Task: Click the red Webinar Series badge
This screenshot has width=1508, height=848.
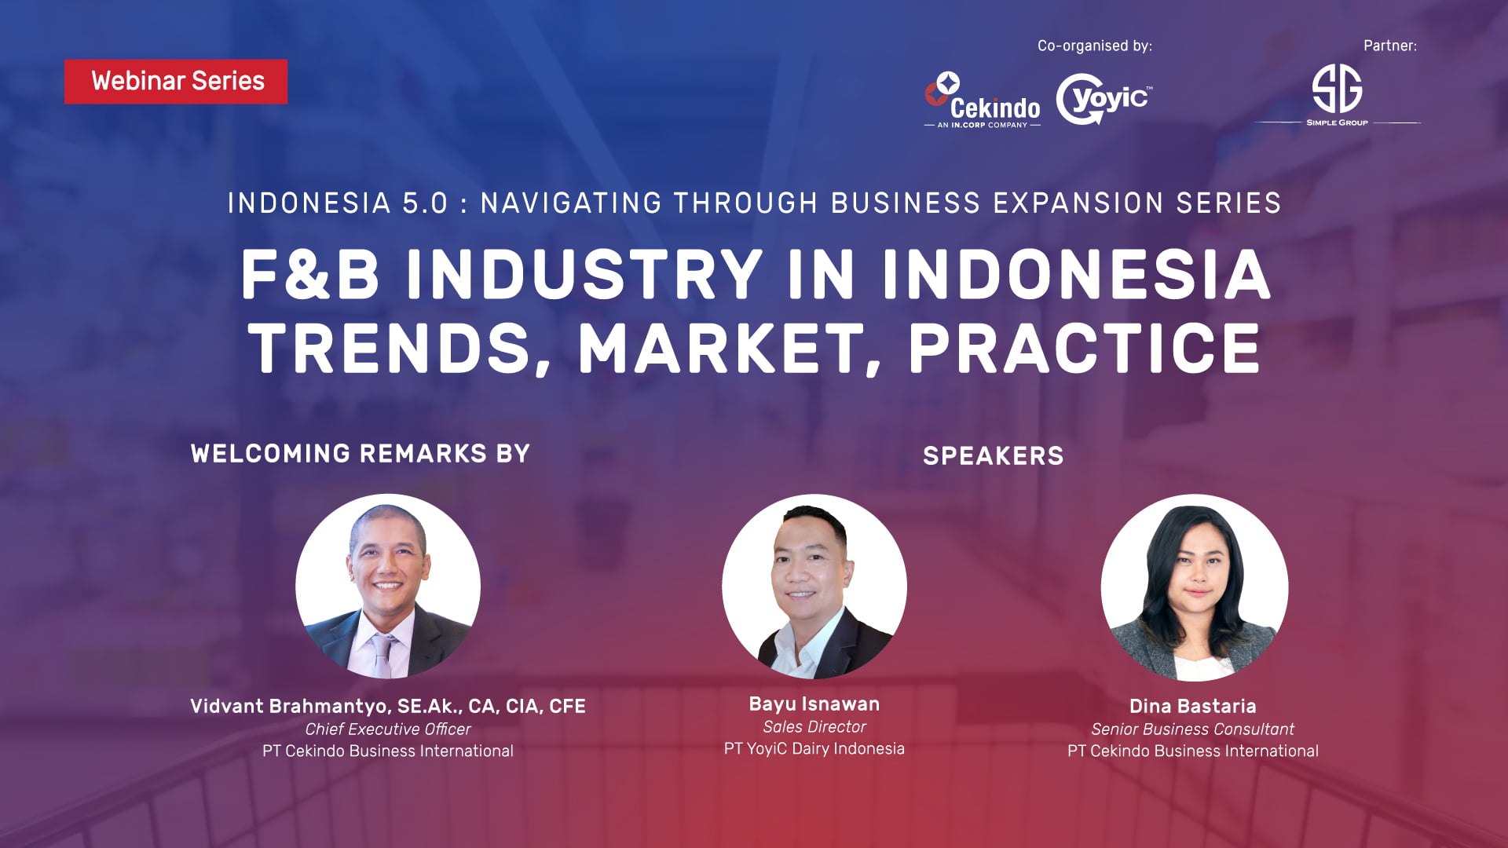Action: (x=176, y=82)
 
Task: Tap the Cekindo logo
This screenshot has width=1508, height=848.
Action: (x=983, y=100)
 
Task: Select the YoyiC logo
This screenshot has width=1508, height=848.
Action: (x=1104, y=99)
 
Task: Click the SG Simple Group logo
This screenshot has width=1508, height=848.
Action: (x=1337, y=95)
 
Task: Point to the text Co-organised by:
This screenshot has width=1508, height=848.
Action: (x=1095, y=46)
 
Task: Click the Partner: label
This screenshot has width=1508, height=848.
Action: (x=1390, y=46)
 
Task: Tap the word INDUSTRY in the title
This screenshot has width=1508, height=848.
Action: (x=584, y=274)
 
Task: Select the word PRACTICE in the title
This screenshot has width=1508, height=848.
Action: (x=1085, y=349)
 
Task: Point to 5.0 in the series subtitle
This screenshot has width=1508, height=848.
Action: (x=425, y=203)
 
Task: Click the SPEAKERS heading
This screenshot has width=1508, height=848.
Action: (x=994, y=456)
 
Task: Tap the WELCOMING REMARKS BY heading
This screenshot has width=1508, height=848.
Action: (x=361, y=454)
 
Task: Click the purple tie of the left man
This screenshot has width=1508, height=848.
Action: (x=383, y=655)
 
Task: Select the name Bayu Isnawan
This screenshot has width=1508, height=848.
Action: (x=814, y=704)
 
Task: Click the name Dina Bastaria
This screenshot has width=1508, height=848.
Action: (x=1193, y=707)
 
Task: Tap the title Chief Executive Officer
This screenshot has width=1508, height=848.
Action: (x=388, y=729)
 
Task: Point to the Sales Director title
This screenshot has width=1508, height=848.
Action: (x=814, y=727)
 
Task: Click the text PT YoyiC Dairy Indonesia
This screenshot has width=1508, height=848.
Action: (x=814, y=749)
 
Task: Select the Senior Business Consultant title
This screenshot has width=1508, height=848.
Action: (x=1193, y=729)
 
